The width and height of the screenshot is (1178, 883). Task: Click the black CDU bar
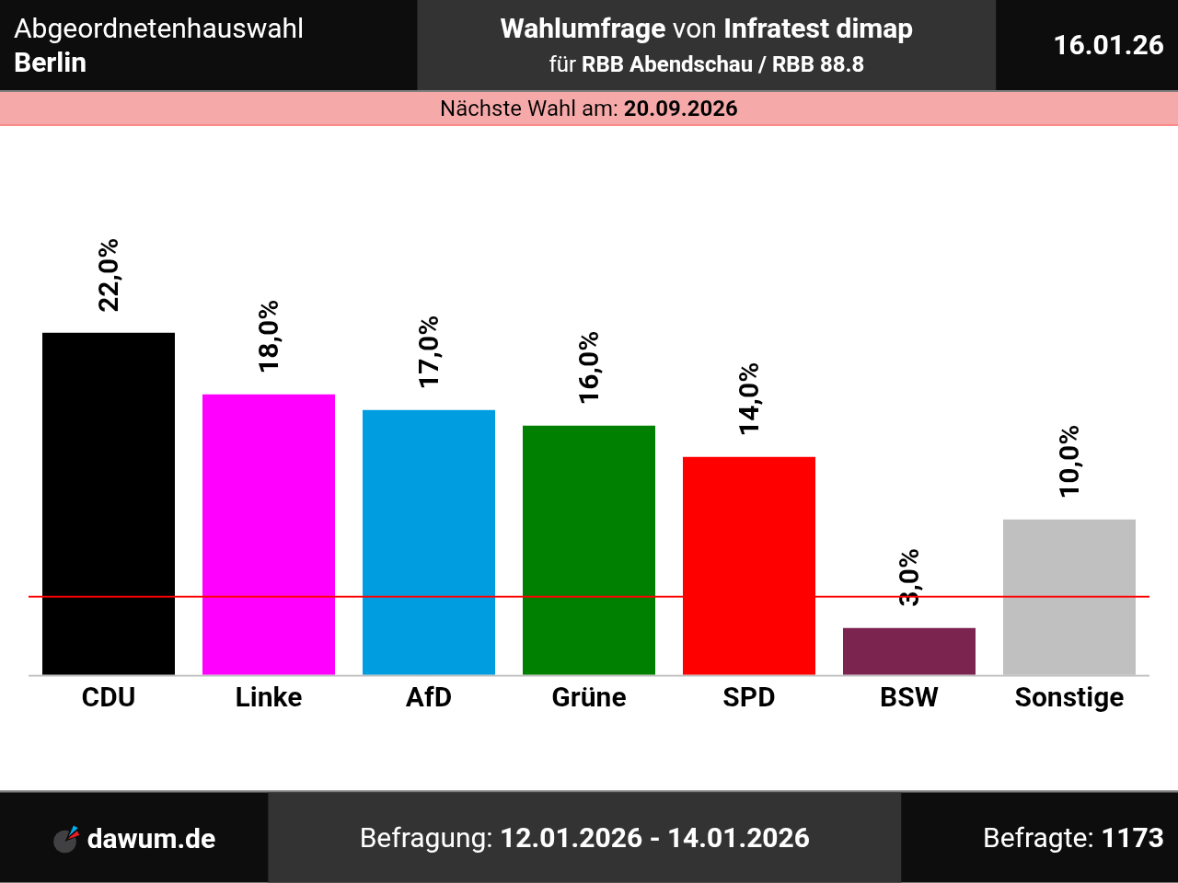[109, 503]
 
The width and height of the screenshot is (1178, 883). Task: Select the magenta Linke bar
[269, 534]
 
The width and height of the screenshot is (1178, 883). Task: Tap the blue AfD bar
[429, 542]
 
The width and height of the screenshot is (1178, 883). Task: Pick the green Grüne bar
[589, 550]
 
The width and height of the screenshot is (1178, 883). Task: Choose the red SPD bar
[749, 566]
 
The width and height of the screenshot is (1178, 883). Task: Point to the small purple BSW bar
[909, 651]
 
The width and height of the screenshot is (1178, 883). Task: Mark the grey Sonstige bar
[1069, 597]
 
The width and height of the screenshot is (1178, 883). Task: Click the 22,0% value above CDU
[109, 275]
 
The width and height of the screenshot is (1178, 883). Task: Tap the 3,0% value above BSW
[909, 578]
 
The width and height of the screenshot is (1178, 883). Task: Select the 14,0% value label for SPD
[749, 398]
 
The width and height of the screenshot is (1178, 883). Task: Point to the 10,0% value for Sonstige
[1069, 461]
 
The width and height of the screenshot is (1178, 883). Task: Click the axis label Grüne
[589, 697]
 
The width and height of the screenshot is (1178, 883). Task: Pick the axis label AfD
[429, 697]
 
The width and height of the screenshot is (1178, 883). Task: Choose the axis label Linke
[269, 697]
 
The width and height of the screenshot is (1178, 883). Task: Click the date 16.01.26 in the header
[1108, 45]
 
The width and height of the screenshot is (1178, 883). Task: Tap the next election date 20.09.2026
[681, 109]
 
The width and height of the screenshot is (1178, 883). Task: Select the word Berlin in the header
[51, 63]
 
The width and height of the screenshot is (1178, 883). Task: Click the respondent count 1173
[1133, 838]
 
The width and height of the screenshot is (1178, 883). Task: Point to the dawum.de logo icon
[66, 839]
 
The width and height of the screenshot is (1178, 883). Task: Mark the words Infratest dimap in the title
[818, 29]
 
